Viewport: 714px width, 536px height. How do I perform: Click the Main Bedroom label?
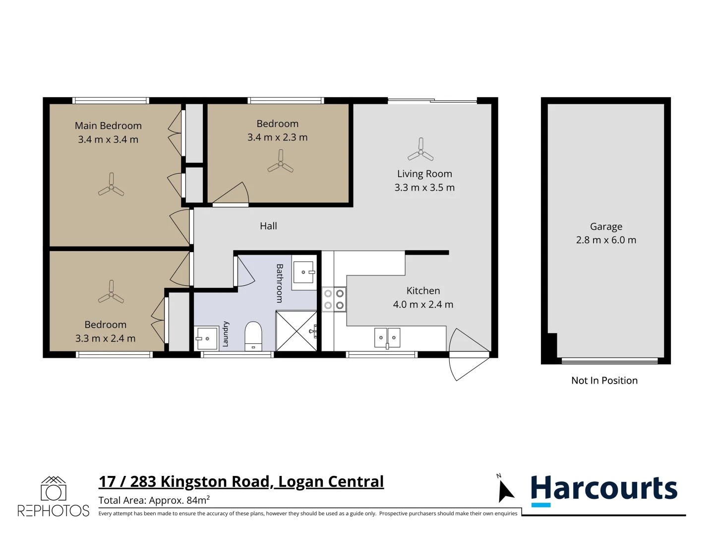coord(108,126)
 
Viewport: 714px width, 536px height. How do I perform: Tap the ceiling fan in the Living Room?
coord(420,150)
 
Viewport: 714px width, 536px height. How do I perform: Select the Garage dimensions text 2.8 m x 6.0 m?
coord(606,240)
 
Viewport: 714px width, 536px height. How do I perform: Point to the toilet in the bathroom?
coord(253,336)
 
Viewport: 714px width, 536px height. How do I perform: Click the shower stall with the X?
coord(296,331)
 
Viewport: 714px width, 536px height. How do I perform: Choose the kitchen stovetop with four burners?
coord(334,299)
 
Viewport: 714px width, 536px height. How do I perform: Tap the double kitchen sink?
coord(387,338)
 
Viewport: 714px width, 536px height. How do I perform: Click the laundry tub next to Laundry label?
coord(206,338)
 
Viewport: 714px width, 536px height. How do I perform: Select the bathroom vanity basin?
coord(304,272)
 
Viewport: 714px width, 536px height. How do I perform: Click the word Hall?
coord(268,226)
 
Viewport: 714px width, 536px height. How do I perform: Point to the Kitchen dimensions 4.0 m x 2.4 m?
coord(423,304)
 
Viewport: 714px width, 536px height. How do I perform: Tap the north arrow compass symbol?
coord(505,489)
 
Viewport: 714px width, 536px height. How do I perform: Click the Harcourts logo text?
coord(604,488)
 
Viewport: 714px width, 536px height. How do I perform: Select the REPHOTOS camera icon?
coord(54,488)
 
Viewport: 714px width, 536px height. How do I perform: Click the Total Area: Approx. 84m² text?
coord(154,500)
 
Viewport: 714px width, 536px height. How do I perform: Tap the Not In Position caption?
coord(604,381)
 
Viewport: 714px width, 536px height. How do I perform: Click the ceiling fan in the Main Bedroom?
coord(111,185)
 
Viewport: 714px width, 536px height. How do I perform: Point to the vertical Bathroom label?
coord(280,283)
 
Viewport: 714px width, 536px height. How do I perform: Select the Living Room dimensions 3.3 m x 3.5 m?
coord(424,188)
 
